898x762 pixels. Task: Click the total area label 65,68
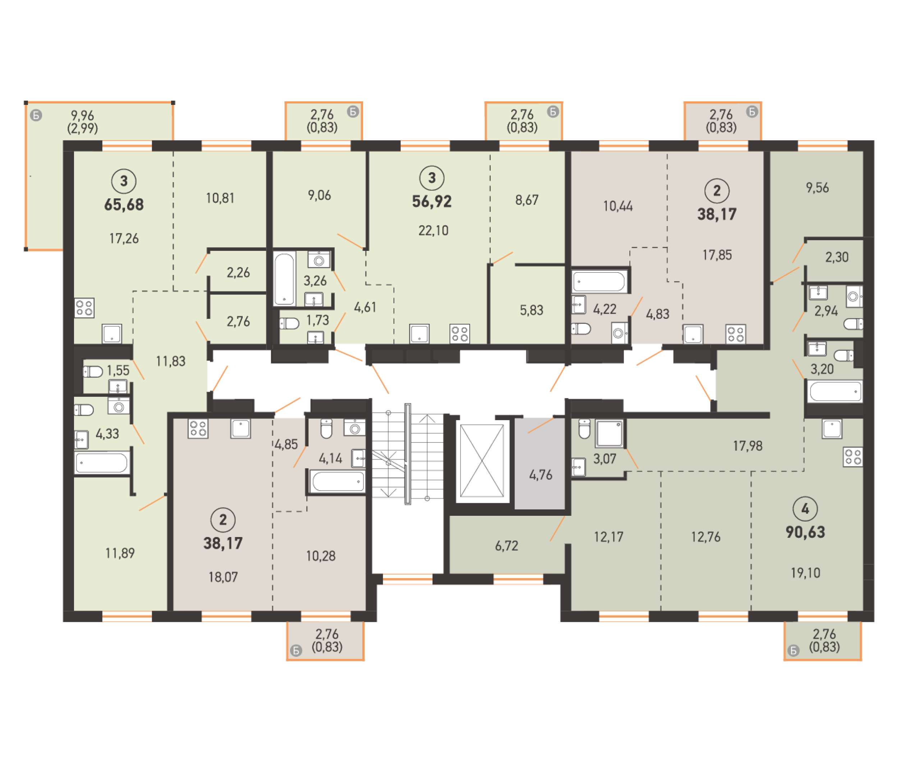click(124, 204)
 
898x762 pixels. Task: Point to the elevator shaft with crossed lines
click(482, 460)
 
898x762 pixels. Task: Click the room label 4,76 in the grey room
click(540, 475)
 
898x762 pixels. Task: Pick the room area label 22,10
click(433, 231)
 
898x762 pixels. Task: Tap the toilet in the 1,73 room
click(289, 323)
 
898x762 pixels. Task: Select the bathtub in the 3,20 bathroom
click(835, 392)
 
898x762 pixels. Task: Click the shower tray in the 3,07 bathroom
click(609, 433)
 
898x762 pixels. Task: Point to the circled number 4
click(805, 509)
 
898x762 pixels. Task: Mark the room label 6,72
click(506, 546)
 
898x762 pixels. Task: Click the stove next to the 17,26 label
click(84, 308)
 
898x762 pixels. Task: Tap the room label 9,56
click(817, 188)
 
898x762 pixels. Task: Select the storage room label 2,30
click(837, 257)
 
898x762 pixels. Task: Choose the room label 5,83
click(531, 310)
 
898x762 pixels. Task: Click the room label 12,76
click(706, 537)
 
